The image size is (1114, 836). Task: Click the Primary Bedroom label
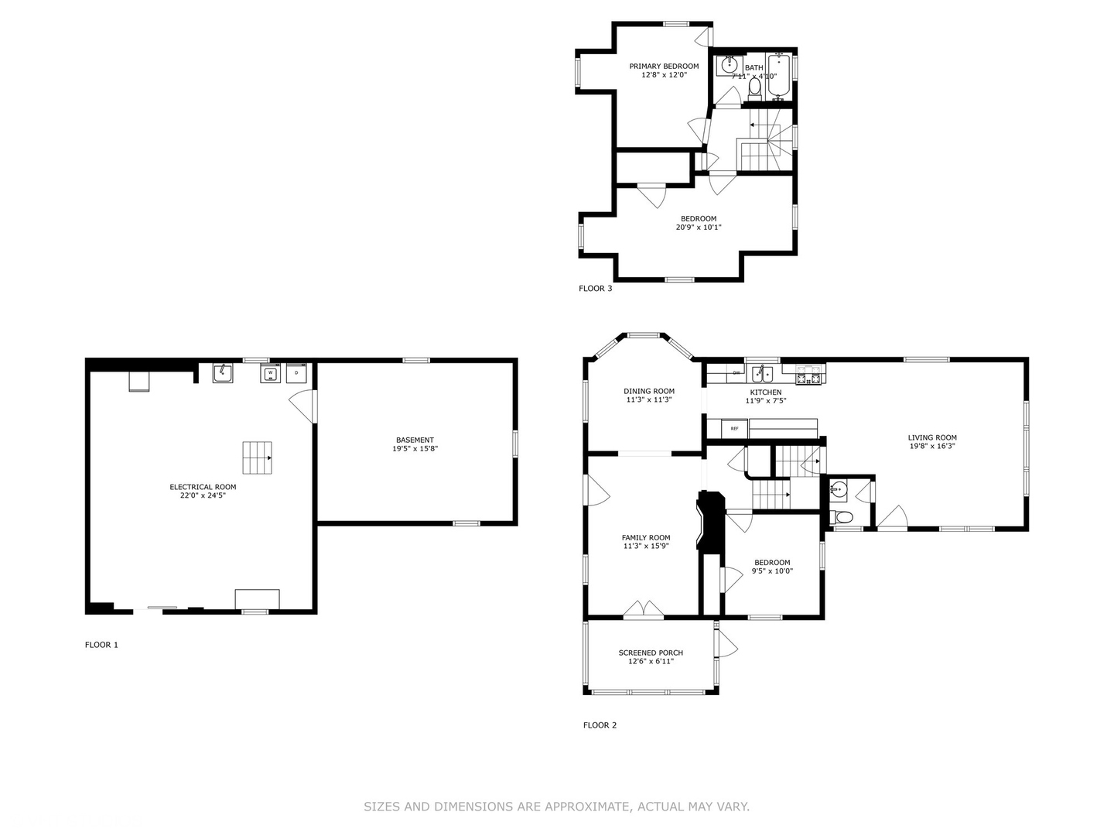[664, 67]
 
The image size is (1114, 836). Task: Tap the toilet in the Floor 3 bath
[755, 90]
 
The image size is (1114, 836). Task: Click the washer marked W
[270, 373]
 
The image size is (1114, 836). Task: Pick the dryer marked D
[296, 373]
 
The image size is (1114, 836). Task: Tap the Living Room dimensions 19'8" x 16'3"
[931, 446]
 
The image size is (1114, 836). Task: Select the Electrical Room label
[203, 487]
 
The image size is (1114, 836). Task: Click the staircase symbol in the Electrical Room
[258, 457]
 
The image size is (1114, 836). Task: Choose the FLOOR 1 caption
[101, 645]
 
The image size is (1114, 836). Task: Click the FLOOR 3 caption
[595, 289]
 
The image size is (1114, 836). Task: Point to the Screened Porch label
[651, 653]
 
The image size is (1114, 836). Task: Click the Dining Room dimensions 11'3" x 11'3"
[649, 400]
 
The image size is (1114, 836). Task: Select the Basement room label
[415, 440]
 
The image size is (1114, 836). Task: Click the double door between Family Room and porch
[644, 611]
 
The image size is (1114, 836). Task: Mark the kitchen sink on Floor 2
[763, 374]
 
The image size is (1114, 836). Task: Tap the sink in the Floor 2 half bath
[839, 488]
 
